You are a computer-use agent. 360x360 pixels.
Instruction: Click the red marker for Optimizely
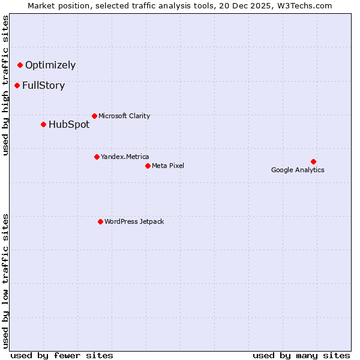pyautogui.click(x=20, y=65)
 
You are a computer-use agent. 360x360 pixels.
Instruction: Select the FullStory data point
pyautogui.click(x=17, y=85)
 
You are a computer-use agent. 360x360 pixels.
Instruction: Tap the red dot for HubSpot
pyautogui.click(x=43, y=124)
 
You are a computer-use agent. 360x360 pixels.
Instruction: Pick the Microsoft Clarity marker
pyautogui.click(x=94, y=116)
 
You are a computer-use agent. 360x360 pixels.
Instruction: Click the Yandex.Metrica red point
pyautogui.click(x=97, y=157)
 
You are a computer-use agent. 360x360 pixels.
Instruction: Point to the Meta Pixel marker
pyautogui.click(x=148, y=166)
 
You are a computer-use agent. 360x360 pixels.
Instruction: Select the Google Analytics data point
pyautogui.click(x=313, y=161)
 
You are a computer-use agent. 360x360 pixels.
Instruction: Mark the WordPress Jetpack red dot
pyautogui.click(x=100, y=221)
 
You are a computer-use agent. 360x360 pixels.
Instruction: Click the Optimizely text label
pyautogui.click(x=50, y=65)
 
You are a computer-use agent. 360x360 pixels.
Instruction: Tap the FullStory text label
pyautogui.click(x=43, y=86)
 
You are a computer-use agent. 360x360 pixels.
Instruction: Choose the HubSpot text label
pyautogui.click(x=69, y=125)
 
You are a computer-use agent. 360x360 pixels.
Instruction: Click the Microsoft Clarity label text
pyautogui.click(x=124, y=116)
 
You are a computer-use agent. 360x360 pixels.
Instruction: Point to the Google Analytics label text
pyautogui.click(x=298, y=170)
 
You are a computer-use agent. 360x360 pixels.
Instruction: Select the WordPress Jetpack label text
pyautogui.click(x=134, y=222)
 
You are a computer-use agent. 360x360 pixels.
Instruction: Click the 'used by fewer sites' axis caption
pyautogui.click(x=62, y=356)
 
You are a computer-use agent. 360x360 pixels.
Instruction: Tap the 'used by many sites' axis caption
pyautogui.click(x=301, y=356)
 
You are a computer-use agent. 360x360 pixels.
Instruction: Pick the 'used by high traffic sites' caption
pyautogui.click(x=6, y=85)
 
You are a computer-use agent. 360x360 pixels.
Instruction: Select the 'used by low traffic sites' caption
pyautogui.click(x=6, y=280)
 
